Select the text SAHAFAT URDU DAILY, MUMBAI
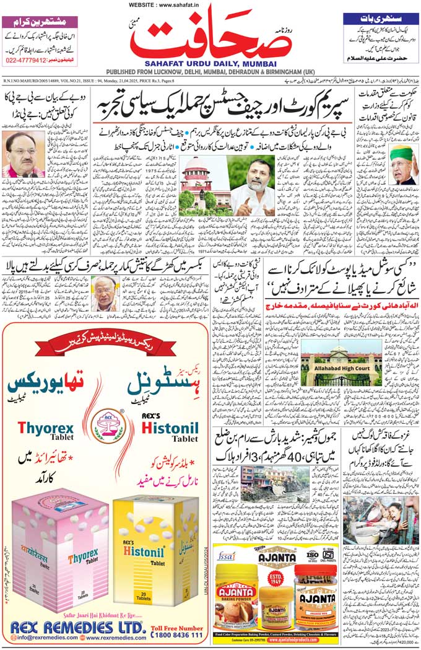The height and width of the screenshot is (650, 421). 210,63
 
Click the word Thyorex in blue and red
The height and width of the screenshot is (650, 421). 41,428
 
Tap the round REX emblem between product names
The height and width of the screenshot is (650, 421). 105,426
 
